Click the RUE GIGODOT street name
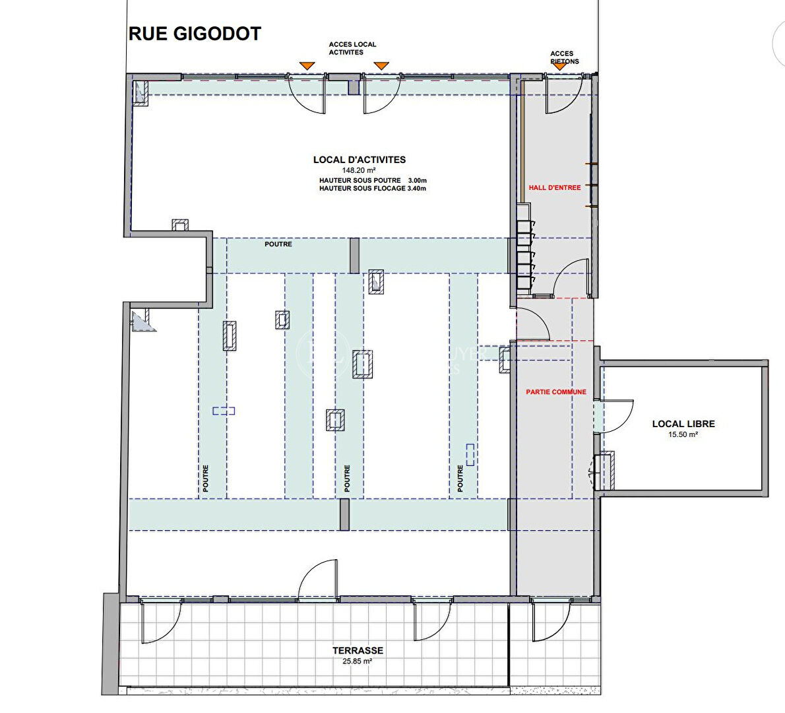click(x=195, y=34)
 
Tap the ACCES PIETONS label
click(x=564, y=57)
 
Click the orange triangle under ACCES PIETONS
click(x=559, y=67)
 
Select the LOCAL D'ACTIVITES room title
click(x=360, y=160)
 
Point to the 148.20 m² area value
click(x=359, y=170)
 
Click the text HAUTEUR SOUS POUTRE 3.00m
click(x=373, y=180)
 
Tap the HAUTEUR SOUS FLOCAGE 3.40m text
click(x=373, y=188)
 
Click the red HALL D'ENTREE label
click(x=555, y=187)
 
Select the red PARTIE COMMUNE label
click(x=555, y=392)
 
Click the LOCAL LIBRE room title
click(x=683, y=424)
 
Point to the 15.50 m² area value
click(x=683, y=434)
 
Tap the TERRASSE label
click(x=358, y=650)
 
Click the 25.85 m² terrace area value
click(x=358, y=662)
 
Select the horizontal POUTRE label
click(x=278, y=244)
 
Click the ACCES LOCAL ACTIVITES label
click(x=352, y=48)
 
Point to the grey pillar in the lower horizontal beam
click(x=344, y=514)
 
